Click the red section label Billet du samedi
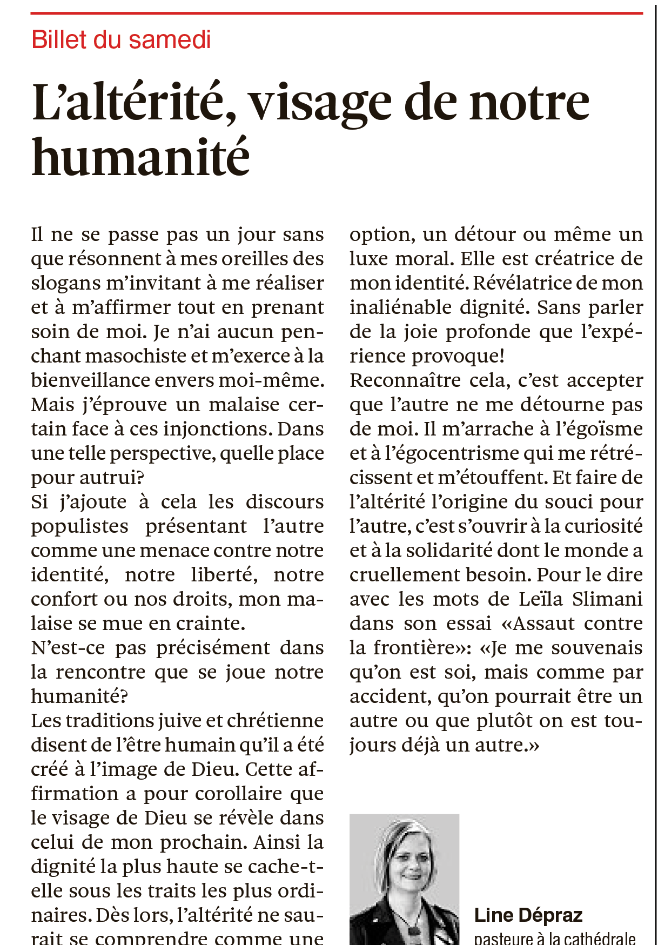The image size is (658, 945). (x=121, y=40)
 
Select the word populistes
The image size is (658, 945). (x=79, y=526)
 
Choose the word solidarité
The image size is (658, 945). (x=449, y=551)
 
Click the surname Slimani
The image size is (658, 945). (x=607, y=599)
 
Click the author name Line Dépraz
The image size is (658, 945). (x=528, y=915)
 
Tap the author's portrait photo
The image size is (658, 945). (x=404, y=880)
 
